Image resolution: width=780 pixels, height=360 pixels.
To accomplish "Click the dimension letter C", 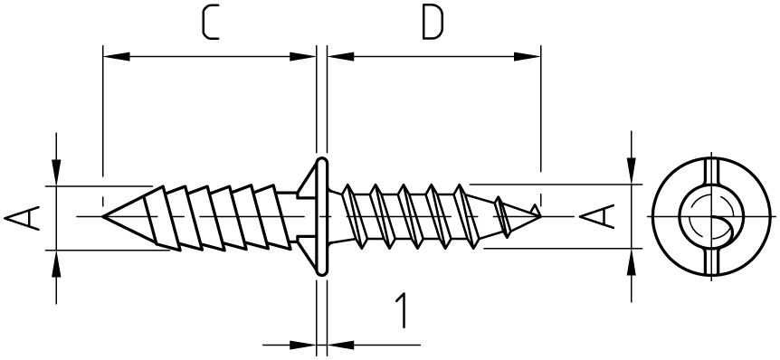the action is coord(211,24).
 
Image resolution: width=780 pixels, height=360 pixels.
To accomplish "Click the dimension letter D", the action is coord(433,24).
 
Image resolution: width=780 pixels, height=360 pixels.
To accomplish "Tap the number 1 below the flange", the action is coord(402,311).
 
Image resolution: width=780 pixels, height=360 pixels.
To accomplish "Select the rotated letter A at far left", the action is coord(22,218).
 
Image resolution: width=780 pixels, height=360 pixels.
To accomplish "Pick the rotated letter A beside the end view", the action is coord(596,217).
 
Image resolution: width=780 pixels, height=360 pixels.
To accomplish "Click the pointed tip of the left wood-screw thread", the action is coord(103,216).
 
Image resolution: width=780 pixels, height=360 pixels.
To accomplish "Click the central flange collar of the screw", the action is coord(322,216).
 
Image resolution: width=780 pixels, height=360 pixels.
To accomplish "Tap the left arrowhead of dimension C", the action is coord(117,56).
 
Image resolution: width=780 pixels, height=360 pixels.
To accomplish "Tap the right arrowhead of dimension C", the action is coord(302,56).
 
